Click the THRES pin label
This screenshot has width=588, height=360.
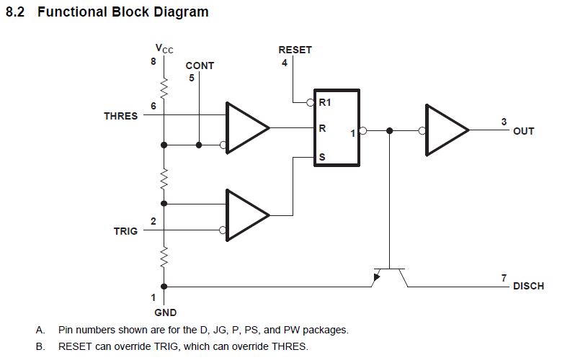coord(120,116)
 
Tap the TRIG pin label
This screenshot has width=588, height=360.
coord(125,231)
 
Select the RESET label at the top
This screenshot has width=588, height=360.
coord(295,50)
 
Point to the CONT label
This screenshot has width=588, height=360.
coord(200,65)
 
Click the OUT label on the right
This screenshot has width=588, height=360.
coord(524,131)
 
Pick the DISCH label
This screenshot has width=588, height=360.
coord(528,286)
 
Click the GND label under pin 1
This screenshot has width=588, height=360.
coord(165,312)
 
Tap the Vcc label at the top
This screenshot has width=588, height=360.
coord(164,49)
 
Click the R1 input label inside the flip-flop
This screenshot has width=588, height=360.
coord(325,103)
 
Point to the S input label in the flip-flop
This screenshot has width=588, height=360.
coord(322,156)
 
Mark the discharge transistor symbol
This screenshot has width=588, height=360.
coord(389,274)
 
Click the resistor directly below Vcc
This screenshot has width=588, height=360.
coord(164,89)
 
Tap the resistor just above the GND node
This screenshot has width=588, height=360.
coord(164,256)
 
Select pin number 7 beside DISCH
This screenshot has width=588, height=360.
coord(504,277)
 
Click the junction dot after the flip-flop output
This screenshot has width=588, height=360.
coord(390,131)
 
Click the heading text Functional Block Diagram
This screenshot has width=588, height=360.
coord(122,12)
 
